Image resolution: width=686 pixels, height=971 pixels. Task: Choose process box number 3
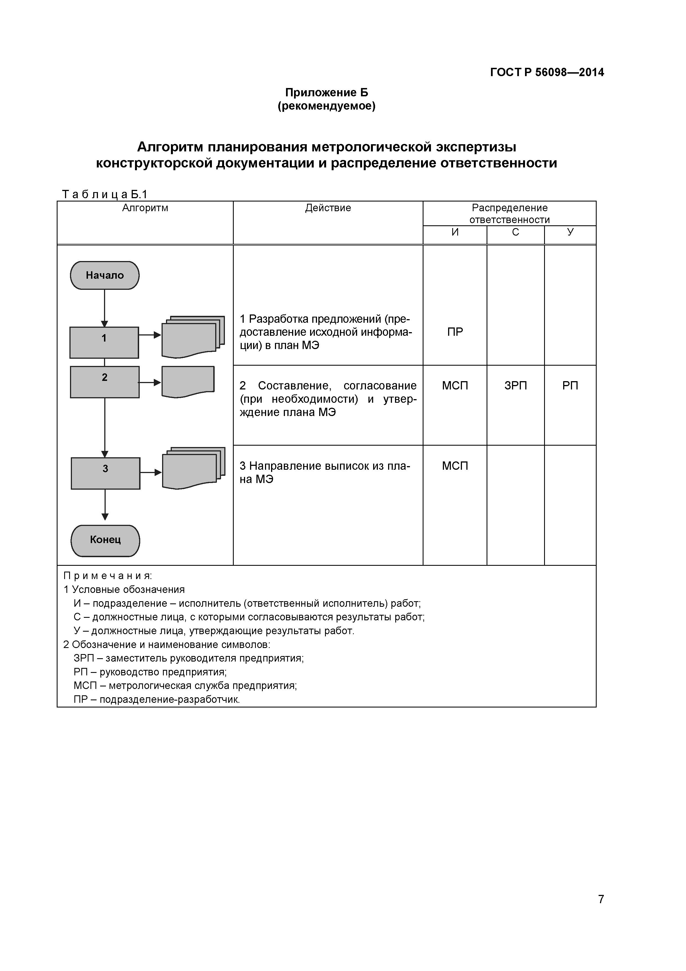click(x=105, y=473)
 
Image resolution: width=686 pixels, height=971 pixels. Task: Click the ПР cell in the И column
click(x=455, y=332)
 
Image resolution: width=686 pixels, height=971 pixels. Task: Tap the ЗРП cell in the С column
click(x=515, y=386)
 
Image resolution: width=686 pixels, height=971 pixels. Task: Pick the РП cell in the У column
click(x=570, y=386)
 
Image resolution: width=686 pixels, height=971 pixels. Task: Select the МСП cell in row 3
click(x=455, y=466)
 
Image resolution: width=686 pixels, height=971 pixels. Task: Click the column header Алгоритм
click(x=145, y=208)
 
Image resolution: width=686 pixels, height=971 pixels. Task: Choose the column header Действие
click(x=328, y=208)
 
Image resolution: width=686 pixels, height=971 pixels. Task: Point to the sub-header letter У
click(x=570, y=232)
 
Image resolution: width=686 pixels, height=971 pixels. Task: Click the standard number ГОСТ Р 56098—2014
click(x=547, y=72)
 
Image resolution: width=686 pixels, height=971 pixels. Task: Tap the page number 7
click(x=601, y=911)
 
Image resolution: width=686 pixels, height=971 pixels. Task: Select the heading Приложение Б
click(x=326, y=92)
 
